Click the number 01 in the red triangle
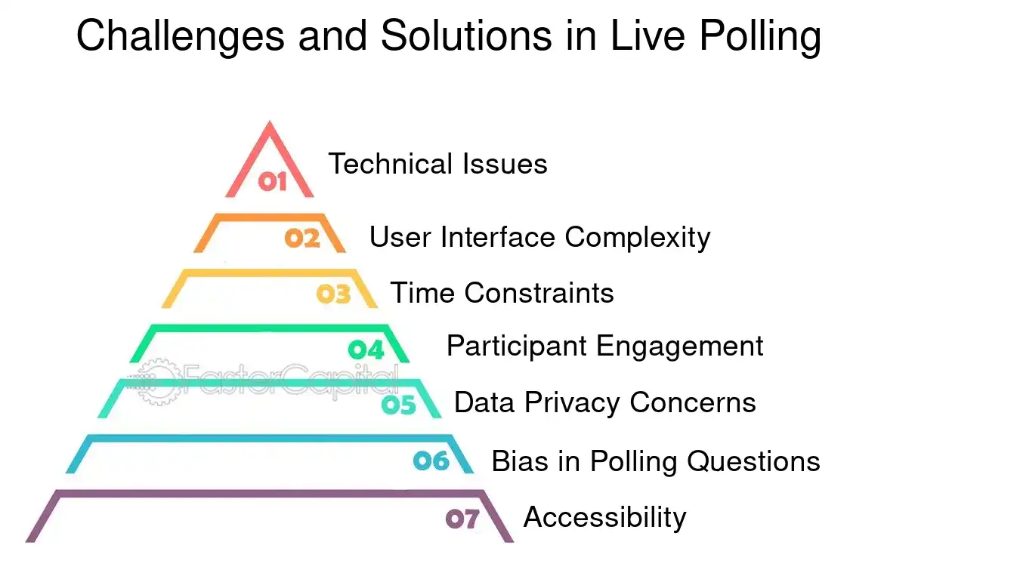point(272,181)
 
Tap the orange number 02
point(302,238)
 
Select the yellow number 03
point(333,294)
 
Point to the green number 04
point(366,350)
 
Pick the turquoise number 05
point(398,405)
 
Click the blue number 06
point(431,461)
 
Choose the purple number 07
point(462,519)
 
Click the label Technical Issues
point(437,164)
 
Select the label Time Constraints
point(502,293)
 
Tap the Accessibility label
point(604,517)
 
